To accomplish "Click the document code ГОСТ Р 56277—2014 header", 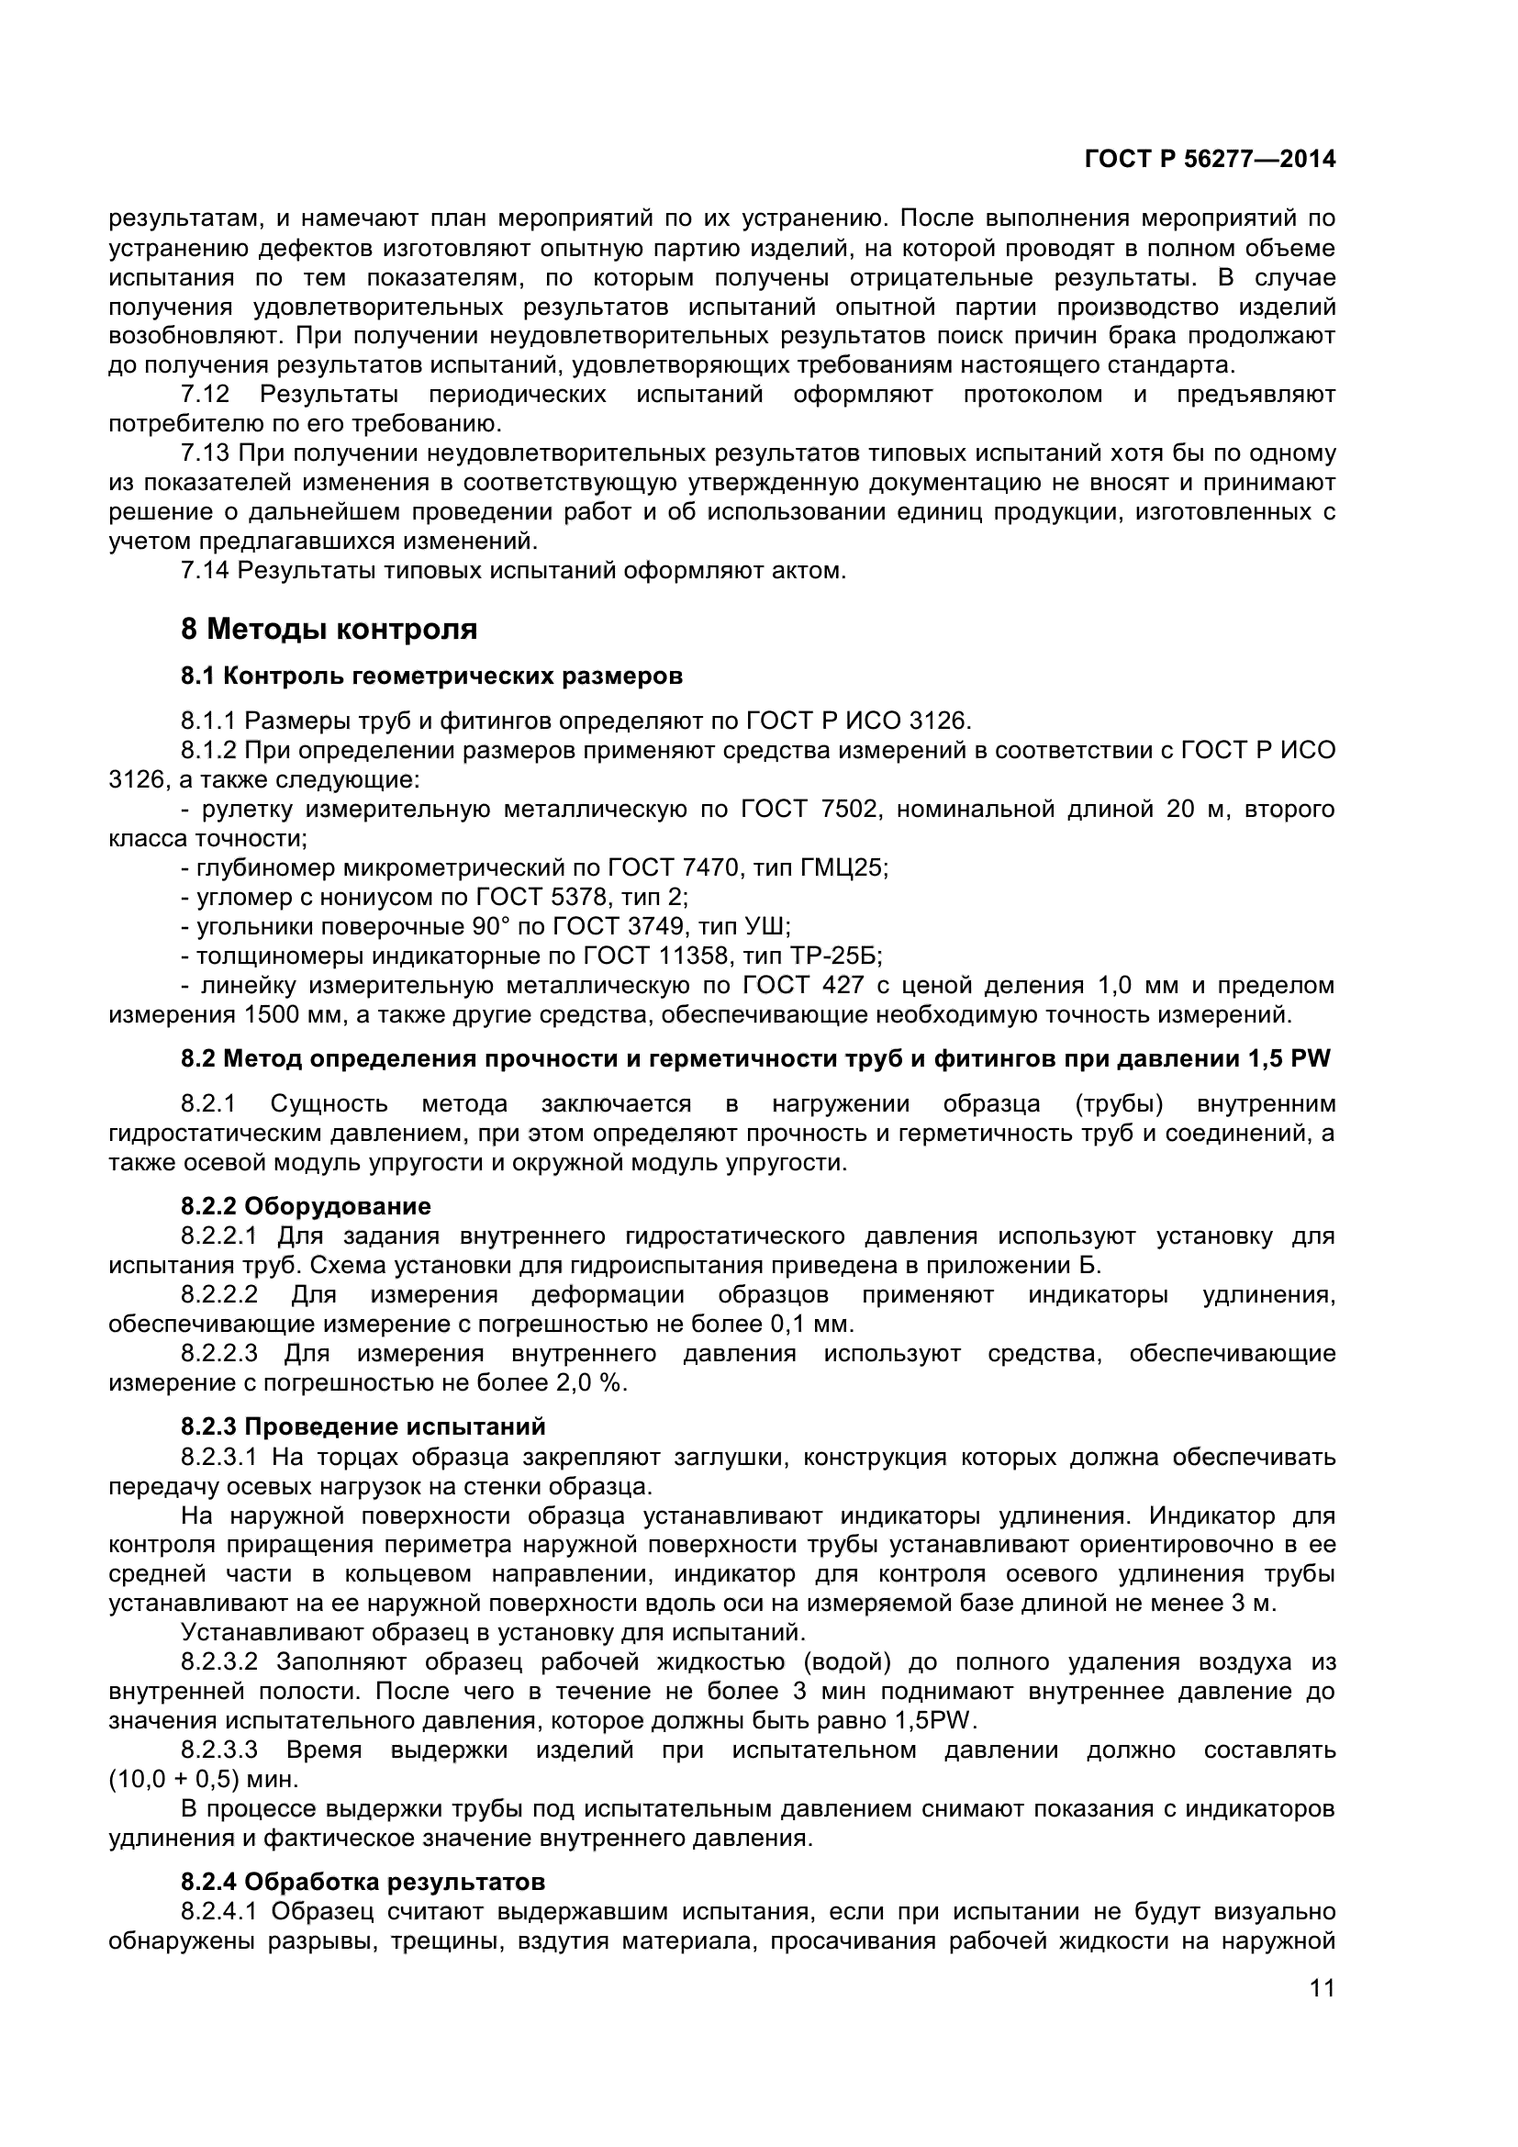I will [1210, 160].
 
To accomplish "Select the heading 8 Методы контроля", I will [329, 630].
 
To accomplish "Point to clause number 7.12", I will [206, 395].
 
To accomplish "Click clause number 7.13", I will [206, 453].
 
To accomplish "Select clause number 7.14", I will [206, 570].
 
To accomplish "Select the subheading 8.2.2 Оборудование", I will [306, 1206].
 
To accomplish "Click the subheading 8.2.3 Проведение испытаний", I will [363, 1427].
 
